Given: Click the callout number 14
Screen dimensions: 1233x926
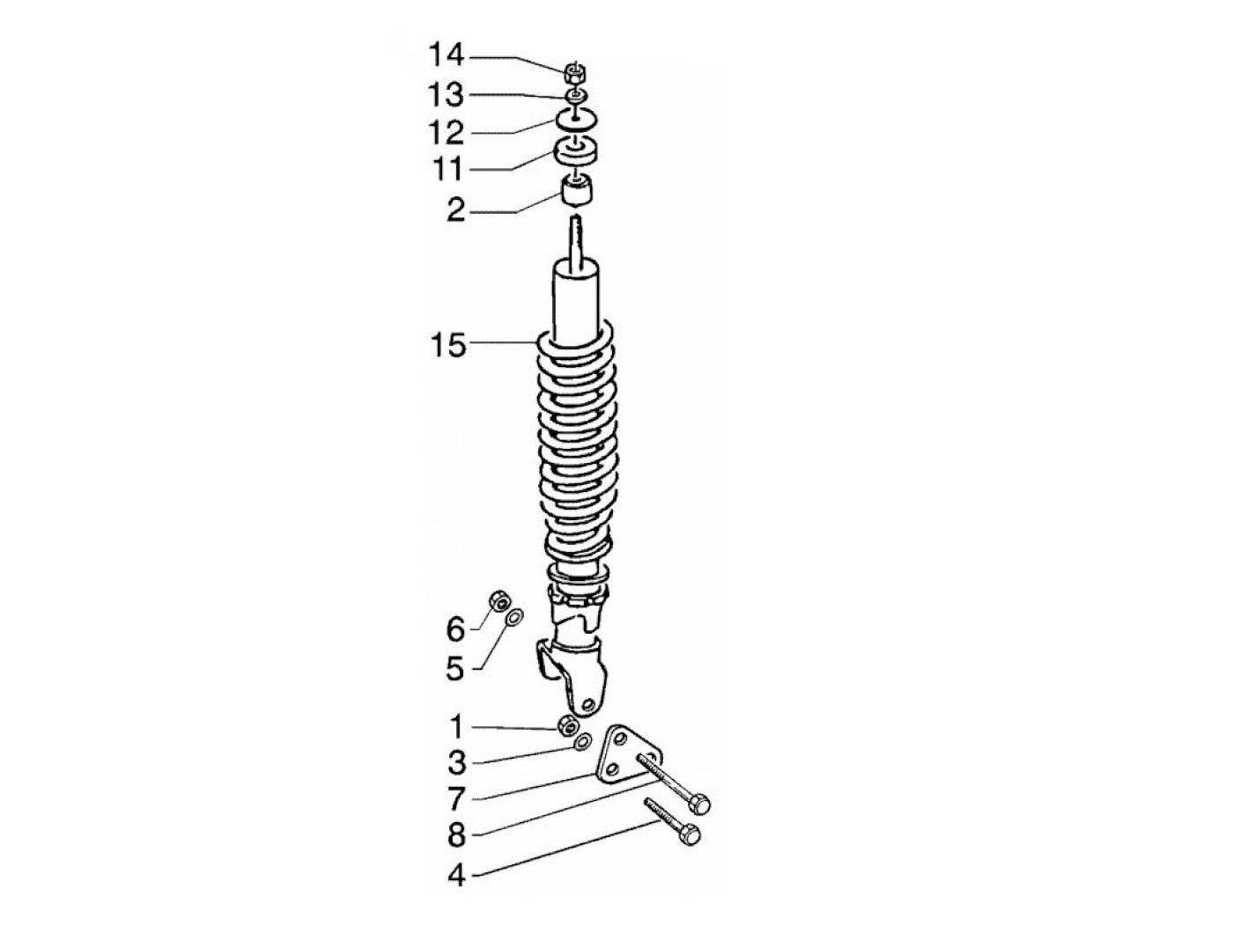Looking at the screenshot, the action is (447, 55).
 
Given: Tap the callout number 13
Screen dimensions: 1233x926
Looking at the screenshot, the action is (447, 95).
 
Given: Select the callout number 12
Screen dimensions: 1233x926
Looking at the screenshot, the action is (447, 133).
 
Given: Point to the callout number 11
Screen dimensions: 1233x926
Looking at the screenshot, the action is (447, 169).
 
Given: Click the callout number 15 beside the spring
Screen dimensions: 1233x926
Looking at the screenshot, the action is (448, 344).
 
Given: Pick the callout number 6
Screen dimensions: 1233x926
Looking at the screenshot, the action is (455, 629).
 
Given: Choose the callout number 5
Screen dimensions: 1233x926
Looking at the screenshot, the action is (455, 668).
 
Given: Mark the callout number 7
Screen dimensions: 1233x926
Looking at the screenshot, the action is (456, 798).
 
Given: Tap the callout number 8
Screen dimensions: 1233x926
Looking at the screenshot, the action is (457, 834).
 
